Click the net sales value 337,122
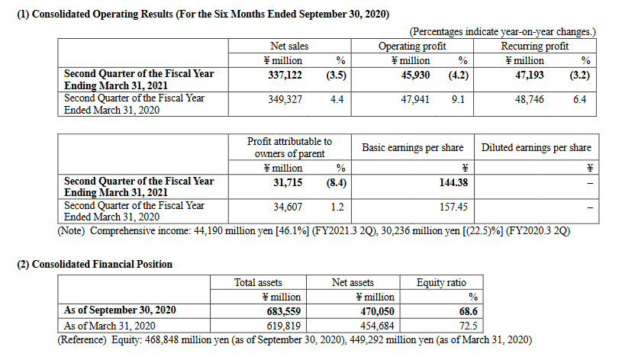[285, 75]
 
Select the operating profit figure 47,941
[415, 99]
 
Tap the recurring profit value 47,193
[529, 75]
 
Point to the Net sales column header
[289, 46]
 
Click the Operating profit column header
[412, 46]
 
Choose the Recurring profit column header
[535, 46]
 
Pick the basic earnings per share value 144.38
[453, 182]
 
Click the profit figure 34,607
[288, 207]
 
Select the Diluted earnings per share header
[537, 147]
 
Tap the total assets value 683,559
[284, 311]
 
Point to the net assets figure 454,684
[377, 326]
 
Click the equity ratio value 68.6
[469, 311]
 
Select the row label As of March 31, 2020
[109, 326]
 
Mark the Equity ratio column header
[441, 282]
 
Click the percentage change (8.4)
[337, 182]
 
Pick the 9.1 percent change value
[458, 99]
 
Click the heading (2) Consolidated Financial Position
[95, 264]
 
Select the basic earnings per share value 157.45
[453, 207]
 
